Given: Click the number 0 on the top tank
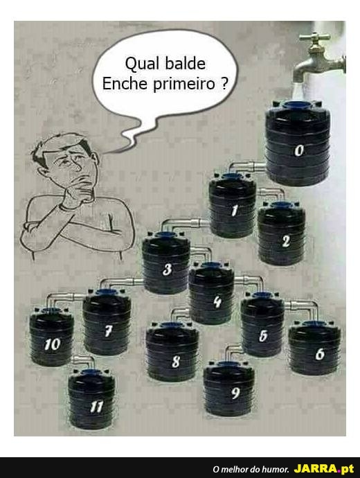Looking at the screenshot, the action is [299, 150].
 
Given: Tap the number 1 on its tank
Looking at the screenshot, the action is [234, 210].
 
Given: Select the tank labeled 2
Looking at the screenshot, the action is [281, 233].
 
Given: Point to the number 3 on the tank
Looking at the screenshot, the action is [167, 269].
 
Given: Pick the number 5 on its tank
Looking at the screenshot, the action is [263, 335].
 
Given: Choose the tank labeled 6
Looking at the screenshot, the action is [314, 348].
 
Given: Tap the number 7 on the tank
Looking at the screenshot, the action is [108, 330].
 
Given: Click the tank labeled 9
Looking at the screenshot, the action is [229, 388].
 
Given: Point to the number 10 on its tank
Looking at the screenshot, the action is [53, 344].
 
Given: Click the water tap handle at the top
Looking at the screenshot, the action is [314, 37].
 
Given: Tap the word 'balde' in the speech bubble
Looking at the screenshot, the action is [186, 64].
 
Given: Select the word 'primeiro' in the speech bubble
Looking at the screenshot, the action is [184, 84].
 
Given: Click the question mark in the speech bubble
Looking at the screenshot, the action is [224, 83].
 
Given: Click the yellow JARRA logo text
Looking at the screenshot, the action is [316, 468].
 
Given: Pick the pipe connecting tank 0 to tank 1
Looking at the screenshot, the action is [244, 166].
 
